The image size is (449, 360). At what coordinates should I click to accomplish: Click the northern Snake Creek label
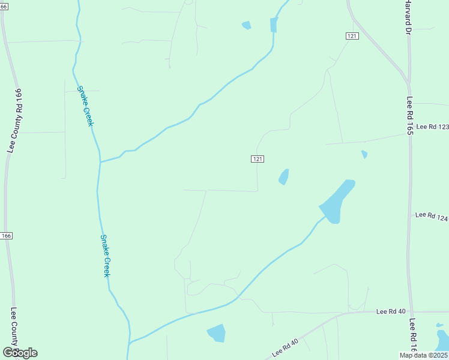[86, 106]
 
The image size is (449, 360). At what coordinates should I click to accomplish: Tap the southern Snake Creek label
[105, 255]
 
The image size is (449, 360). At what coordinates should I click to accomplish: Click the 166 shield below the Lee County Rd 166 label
[6, 236]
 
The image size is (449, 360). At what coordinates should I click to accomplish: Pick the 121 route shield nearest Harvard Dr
[352, 37]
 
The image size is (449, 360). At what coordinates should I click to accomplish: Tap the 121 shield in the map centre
[257, 159]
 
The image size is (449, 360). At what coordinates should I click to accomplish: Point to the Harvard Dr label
[408, 16]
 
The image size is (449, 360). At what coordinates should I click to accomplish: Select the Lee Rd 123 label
[432, 127]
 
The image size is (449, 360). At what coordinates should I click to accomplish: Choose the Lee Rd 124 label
[432, 215]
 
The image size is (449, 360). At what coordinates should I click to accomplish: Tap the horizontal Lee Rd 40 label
[391, 311]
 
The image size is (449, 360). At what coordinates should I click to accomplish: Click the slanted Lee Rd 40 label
[285, 348]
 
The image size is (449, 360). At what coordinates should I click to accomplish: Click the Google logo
[20, 353]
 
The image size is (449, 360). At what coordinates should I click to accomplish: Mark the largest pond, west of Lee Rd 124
[337, 202]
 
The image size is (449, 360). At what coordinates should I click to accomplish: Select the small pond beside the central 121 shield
[283, 177]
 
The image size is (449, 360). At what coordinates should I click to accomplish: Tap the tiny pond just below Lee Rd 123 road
[364, 155]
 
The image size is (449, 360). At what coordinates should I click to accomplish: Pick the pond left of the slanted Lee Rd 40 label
[216, 332]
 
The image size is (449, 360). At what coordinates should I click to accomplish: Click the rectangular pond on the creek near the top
[274, 25]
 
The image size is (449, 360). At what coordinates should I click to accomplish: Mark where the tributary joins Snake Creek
[100, 162]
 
